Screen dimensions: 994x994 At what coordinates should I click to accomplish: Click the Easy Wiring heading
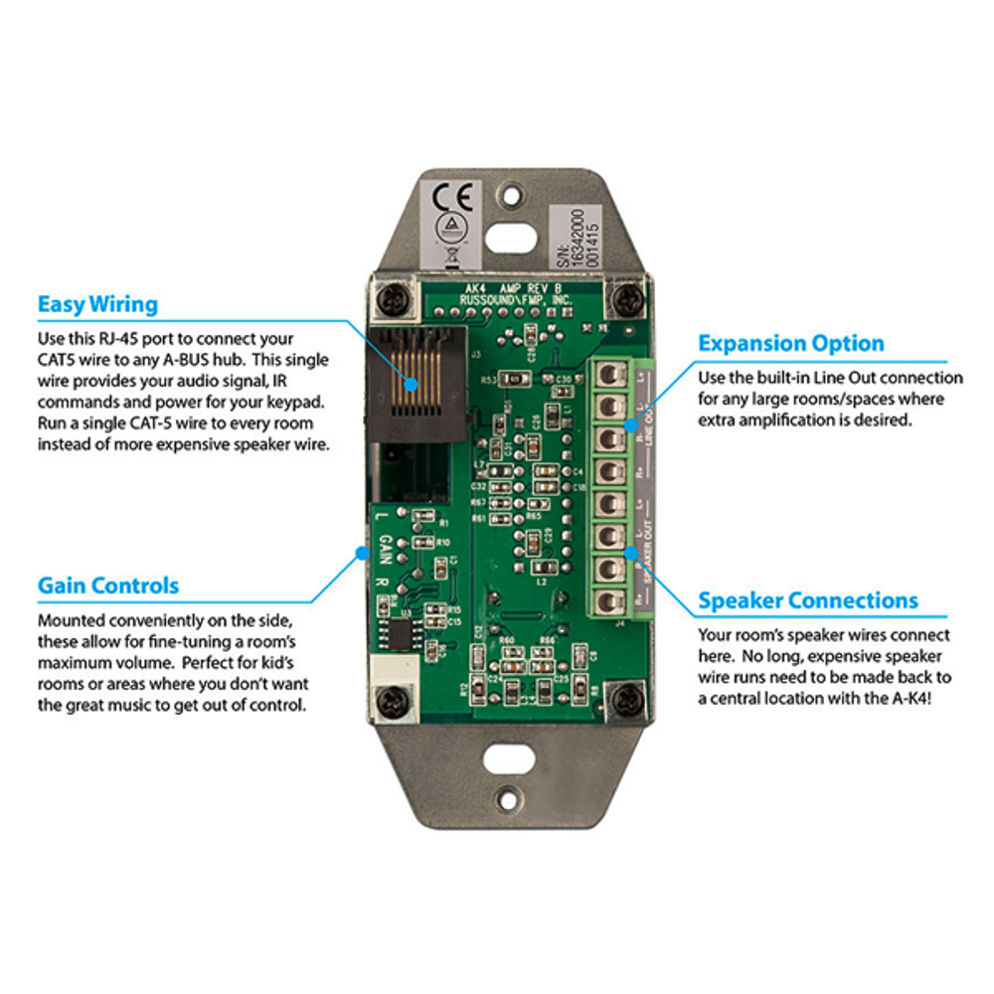coord(97,303)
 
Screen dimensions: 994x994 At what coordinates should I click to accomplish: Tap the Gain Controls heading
coord(108,585)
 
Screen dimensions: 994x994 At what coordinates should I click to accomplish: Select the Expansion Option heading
coord(790,344)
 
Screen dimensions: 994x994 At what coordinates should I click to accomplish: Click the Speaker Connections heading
coord(807,601)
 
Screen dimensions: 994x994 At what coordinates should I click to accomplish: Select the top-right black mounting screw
coord(625,296)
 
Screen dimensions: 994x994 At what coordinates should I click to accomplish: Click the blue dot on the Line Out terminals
coord(629,424)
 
